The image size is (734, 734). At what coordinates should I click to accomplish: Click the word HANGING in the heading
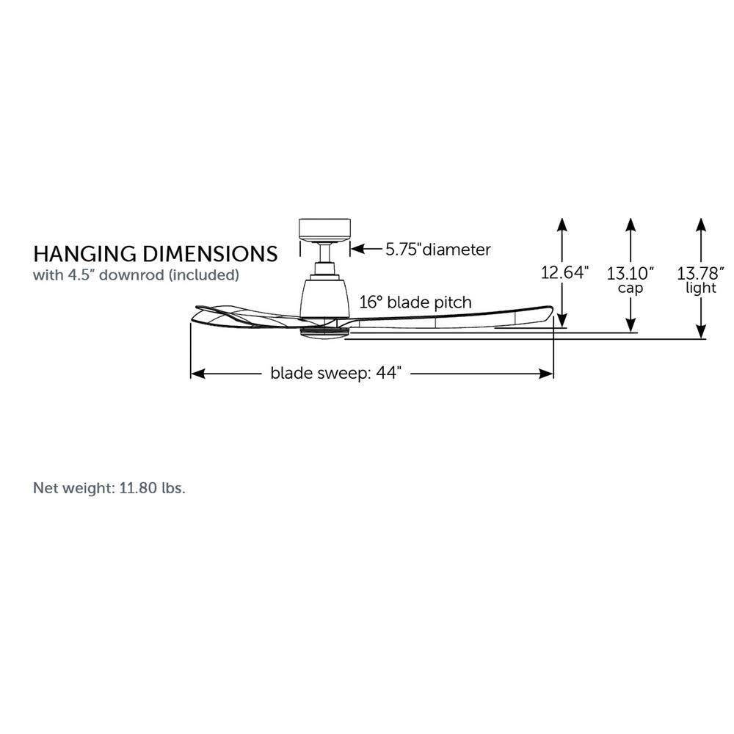85,254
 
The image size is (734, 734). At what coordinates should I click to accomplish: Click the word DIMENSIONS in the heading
210,254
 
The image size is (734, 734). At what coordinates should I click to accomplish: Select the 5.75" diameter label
438,249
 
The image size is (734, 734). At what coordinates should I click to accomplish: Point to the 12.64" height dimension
564,272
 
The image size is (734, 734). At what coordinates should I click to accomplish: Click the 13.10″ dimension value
630,273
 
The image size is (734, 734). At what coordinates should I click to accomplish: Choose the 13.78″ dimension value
700,273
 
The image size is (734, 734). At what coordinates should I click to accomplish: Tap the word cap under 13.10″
630,288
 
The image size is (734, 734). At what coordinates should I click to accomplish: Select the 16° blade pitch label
415,302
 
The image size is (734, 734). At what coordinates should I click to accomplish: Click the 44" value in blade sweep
389,373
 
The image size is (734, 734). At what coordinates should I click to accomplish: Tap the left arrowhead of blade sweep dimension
198,374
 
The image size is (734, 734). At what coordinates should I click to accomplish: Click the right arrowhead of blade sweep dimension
546,374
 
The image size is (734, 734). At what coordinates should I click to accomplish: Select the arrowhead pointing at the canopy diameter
357,249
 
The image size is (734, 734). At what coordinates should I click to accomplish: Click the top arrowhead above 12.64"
562,225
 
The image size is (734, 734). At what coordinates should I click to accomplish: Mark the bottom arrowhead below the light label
701,331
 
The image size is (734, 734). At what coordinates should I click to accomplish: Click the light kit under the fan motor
324,332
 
